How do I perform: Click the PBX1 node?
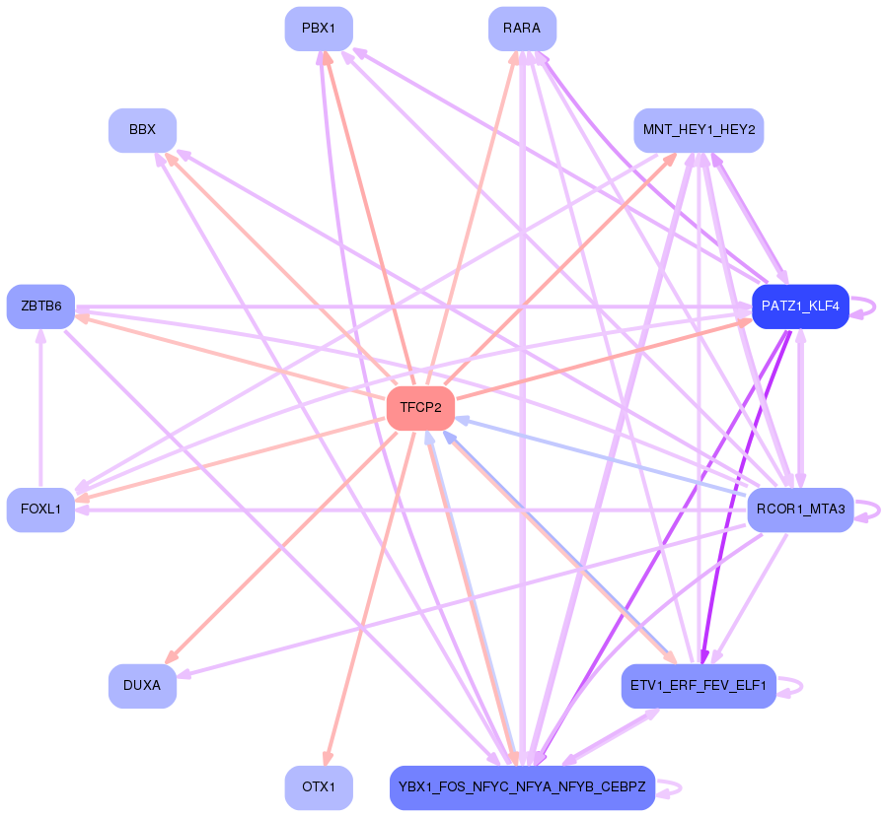coord(319,29)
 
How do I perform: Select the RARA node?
coord(522,29)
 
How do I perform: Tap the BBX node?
coord(142,130)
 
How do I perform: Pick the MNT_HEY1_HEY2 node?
coord(699,130)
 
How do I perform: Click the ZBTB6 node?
coord(40,306)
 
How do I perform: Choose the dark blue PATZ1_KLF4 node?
coord(800,306)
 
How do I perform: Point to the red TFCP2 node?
coord(420,408)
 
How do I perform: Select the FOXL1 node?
coord(40,510)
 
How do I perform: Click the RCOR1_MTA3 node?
coord(800,510)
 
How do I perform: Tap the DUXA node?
coord(142,686)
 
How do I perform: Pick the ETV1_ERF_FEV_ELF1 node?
coord(699,686)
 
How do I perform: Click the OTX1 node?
coord(319,787)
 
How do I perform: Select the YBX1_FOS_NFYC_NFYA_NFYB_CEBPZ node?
coord(522,787)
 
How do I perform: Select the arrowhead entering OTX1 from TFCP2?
coord(327,757)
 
